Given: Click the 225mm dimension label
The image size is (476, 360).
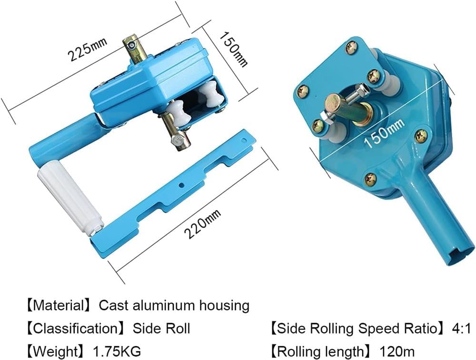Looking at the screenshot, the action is pyautogui.click(x=88, y=49).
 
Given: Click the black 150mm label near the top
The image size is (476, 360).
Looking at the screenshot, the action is pyautogui.click(x=233, y=49).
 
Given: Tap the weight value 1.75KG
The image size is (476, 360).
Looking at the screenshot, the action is pyautogui.click(x=117, y=351).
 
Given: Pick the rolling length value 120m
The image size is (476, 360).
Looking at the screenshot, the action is pyautogui.click(x=397, y=351).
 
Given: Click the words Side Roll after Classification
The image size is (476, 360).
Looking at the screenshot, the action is pyautogui.click(x=161, y=329).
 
